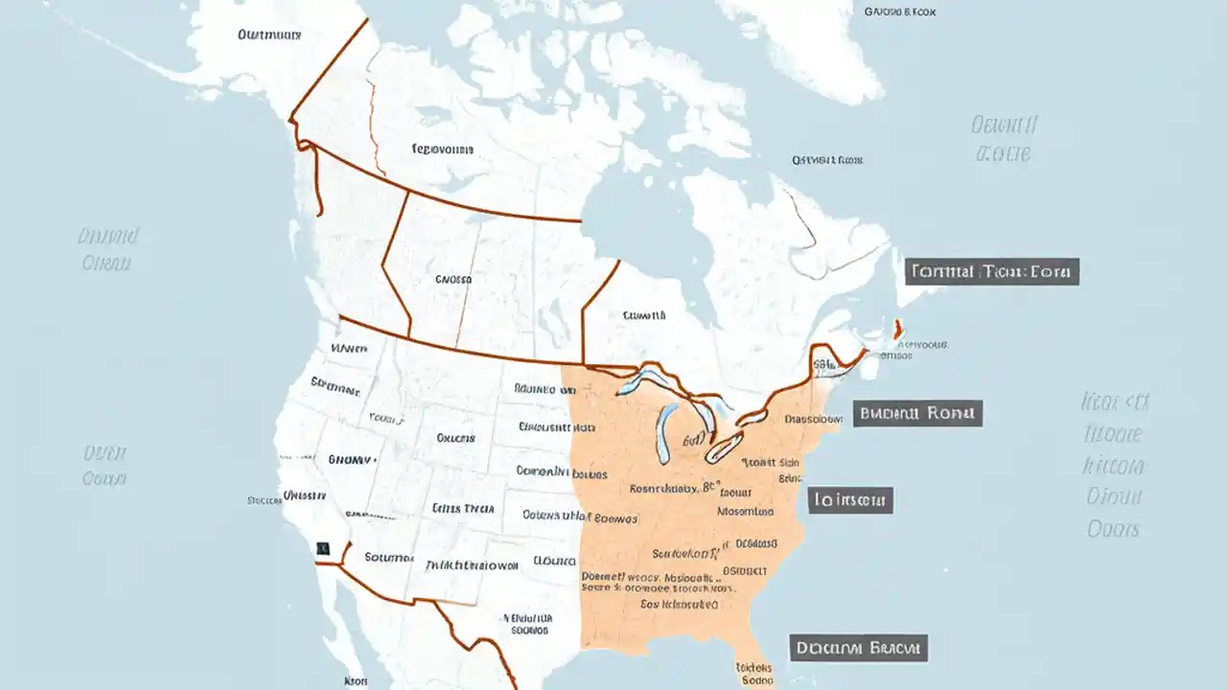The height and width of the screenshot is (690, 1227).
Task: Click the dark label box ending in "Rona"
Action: point(917,414)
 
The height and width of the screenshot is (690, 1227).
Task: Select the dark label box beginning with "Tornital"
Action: point(992,271)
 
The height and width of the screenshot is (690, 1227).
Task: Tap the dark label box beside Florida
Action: point(858,648)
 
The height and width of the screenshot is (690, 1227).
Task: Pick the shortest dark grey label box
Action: point(850,499)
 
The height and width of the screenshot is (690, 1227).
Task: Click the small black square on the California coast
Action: point(322,548)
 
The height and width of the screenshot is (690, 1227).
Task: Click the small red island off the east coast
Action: point(898,329)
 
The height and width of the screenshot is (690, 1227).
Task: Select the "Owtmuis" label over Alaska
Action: point(269,34)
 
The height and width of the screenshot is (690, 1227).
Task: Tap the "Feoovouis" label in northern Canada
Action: point(442,149)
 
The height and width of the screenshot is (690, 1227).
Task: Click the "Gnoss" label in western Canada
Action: point(453,280)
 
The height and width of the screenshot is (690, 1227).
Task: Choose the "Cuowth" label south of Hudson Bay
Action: point(643,314)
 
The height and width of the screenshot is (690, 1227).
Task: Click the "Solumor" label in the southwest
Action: point(389,557)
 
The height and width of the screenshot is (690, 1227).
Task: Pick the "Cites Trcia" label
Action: point(463,508)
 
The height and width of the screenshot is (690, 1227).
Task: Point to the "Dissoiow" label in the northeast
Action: point(814,419)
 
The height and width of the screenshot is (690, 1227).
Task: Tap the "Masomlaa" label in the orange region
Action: point(747,512)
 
